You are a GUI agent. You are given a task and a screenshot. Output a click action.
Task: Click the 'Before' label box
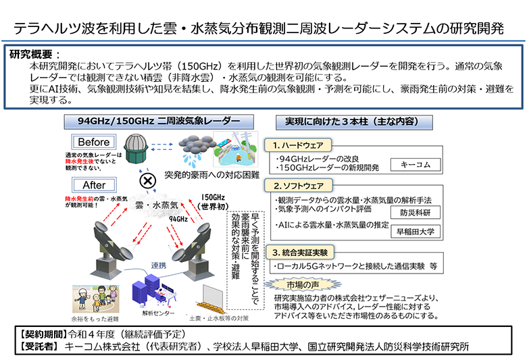coord(94,143)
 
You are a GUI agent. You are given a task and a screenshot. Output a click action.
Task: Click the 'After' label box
coord(94,185)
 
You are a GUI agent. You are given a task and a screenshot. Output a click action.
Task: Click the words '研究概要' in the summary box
coord(32,54)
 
